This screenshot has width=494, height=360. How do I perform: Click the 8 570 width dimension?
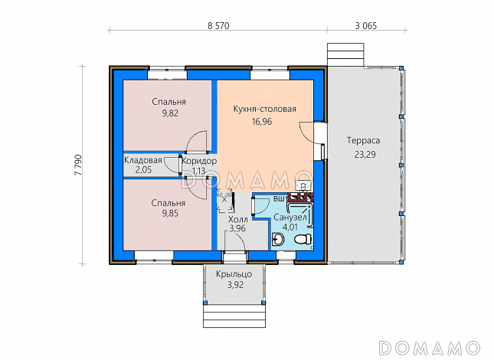point(218,26)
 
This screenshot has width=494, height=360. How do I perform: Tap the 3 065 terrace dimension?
point(366,26)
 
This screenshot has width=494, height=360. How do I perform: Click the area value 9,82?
point(170,113)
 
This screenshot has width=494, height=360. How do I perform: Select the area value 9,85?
point(170,213)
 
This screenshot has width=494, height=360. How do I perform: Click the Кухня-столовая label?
point(265,109)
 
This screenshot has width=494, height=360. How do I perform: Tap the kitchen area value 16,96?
point(262,122)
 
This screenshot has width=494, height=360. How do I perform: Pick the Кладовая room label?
point(143,160)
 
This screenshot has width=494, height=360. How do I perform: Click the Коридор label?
point(199,162)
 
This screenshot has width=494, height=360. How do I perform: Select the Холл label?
point(238,219)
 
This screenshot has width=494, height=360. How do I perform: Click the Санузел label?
point(290,218)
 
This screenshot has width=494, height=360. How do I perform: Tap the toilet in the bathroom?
point(302,240)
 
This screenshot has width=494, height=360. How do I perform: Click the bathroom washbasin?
point(278,240)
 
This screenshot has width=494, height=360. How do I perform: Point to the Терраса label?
point(363,140)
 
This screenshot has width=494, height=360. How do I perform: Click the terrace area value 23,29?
point(365,154)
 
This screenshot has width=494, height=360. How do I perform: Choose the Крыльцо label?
point(234,274)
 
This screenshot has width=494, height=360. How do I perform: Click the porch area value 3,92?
point(235,285)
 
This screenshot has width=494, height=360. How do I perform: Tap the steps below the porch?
point(234,316)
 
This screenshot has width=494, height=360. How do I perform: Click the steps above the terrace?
point(345,55)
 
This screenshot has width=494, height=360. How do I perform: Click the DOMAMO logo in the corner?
point(430,348)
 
